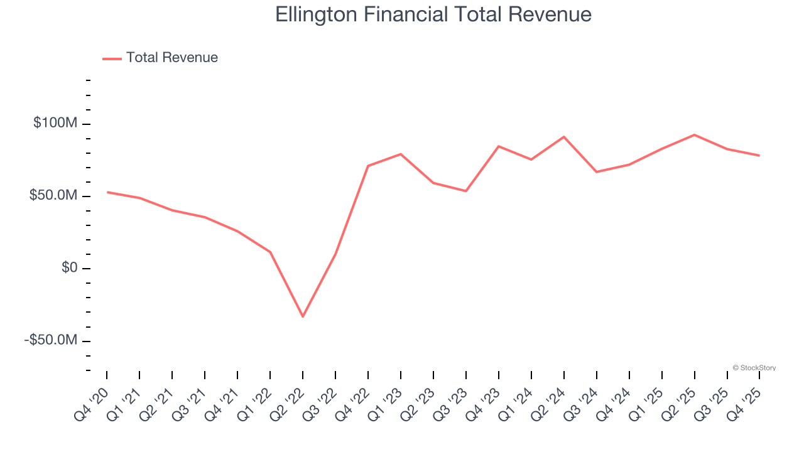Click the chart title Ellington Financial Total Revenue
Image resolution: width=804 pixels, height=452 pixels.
click(433, 14)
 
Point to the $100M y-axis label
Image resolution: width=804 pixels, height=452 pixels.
click(55, 124)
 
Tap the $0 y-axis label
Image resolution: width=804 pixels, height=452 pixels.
click(69, 268)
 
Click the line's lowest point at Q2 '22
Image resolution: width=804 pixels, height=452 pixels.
click(303, 316)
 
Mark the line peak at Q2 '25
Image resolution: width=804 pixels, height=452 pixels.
click(694, 135)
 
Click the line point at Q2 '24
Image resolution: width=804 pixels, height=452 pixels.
click(564, 137)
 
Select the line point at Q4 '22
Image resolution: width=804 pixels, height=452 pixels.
click(368, 166)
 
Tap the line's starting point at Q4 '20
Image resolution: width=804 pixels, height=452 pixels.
click(107, 192)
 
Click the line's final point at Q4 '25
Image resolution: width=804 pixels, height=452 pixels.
click(759, 156)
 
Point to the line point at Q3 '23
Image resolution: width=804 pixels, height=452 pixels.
click(466, 191)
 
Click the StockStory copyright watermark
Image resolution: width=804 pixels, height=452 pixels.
click(754, 368)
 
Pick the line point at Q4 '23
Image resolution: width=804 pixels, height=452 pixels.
click(499, 146)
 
